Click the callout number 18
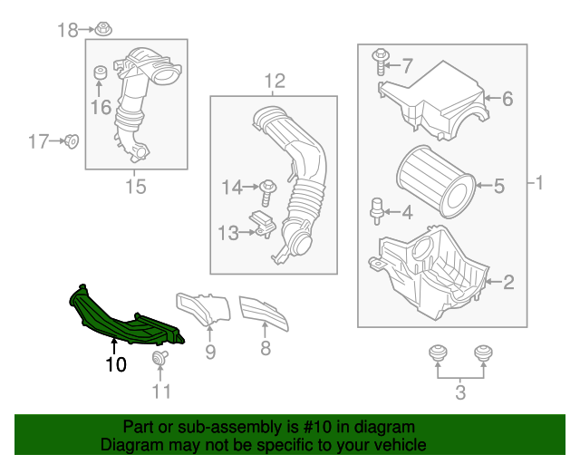[x=69, y=30]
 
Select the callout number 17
[x=38, y=140]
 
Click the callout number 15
[x=135, y=188]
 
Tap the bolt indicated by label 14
[x=268, y=189]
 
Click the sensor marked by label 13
[x=264, y=224]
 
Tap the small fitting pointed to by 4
[x=375, y=209]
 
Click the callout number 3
[x=460, y=392]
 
